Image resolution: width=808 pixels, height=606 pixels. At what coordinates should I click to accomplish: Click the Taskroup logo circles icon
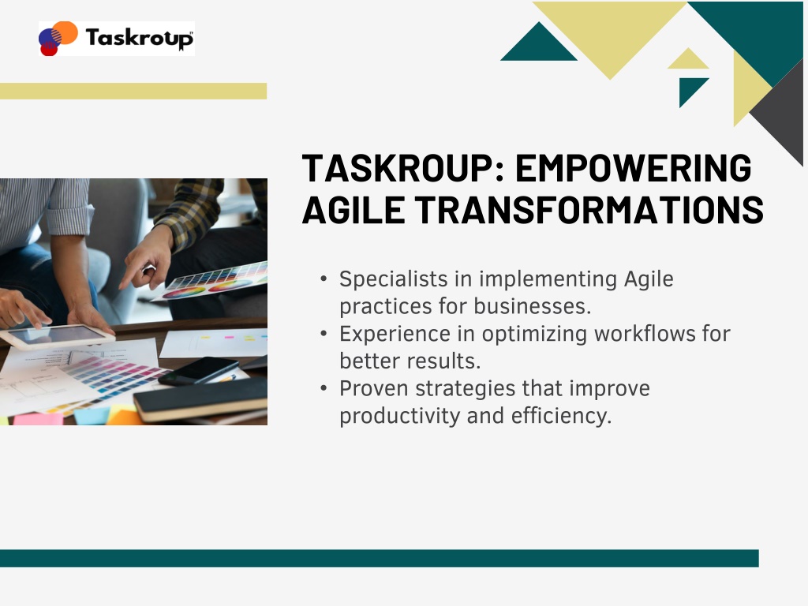(58, 38)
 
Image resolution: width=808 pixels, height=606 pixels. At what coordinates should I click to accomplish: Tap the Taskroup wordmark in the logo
(139, 39)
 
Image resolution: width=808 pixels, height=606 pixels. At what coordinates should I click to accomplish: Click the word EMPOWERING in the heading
(634, 168)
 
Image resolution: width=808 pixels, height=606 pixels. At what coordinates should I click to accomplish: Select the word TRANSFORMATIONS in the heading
(589, 210)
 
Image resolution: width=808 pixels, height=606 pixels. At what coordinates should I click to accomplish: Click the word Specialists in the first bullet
(393, 279)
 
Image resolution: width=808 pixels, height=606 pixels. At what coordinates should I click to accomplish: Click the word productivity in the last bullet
(399, 417)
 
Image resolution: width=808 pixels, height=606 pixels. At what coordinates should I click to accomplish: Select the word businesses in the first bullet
(533, 306)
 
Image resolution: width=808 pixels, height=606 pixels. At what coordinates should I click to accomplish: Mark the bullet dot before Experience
(324, 334)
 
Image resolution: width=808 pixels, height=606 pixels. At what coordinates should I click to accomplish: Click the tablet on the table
(57, 337)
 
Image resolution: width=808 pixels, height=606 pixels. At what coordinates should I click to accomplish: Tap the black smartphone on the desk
(198, 371)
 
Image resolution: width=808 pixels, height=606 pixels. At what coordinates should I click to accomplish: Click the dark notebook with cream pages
(201, 399)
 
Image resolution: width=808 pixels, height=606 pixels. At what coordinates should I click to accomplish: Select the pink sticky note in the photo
(38, 418)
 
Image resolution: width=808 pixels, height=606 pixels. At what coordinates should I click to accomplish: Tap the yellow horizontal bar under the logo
(133, 92)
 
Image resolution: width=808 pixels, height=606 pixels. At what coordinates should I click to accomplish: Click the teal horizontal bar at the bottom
(380, 559)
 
